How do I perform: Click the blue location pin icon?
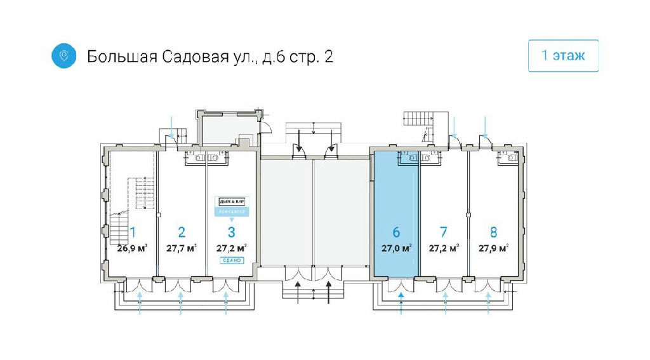63,56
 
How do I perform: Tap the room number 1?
133,232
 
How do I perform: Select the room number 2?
181,232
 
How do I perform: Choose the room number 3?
231,232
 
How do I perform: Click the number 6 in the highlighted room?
396,232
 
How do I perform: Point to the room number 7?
444,232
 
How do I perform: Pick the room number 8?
493,232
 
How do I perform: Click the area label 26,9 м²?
133,248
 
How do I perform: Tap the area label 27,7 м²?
181,248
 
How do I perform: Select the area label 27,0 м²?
396,248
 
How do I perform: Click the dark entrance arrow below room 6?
401,302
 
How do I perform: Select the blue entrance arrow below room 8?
488,302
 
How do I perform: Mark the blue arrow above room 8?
486,126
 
